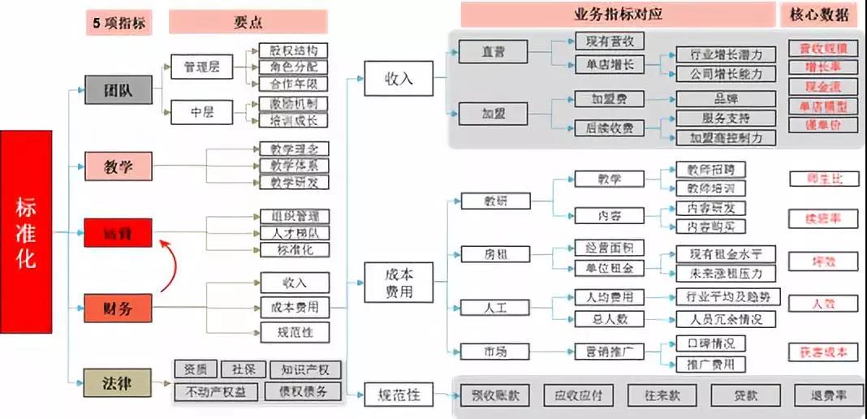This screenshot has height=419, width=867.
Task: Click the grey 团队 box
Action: point(119,90)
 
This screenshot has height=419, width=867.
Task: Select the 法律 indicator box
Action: point(119,381)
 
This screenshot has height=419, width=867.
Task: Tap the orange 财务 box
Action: point(119,308)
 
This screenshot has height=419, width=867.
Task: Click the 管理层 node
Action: point(201,67)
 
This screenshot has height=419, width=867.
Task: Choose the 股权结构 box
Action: point(293,50)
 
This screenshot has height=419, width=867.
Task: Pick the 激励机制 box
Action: point(293,104)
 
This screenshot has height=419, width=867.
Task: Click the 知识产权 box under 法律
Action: point(305,370)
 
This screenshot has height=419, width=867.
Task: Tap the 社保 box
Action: point(240,370)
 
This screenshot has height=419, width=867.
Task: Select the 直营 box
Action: point(492,52)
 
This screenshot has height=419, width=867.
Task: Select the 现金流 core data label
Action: point(822,87)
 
